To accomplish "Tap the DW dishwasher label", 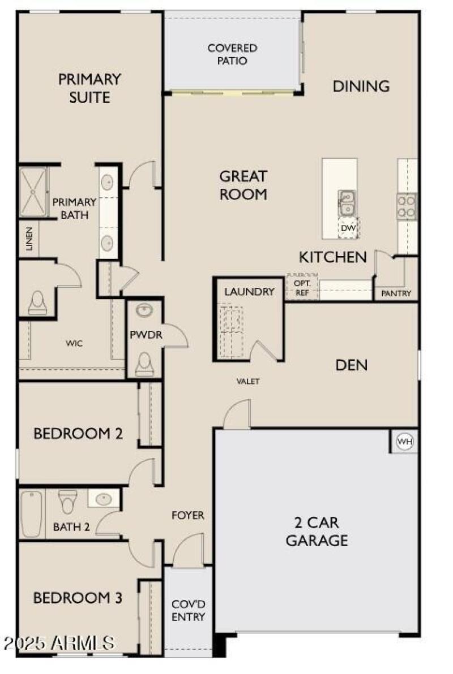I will coord(348,227).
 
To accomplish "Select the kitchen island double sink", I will coord(347,202).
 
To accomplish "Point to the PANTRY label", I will coord(396,293).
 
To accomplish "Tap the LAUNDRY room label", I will coord(249,292).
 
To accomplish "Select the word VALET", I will coord(248,382).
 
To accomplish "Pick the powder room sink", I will coord(144,310).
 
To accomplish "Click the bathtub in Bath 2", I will coord(32,514).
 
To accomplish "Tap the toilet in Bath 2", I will coord(69,500).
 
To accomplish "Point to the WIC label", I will coord(74,343).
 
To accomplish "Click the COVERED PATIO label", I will coord(232,54).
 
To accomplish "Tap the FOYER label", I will coord(188,516).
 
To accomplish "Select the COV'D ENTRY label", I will coord(188,610).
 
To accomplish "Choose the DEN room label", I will coord(351,365).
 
